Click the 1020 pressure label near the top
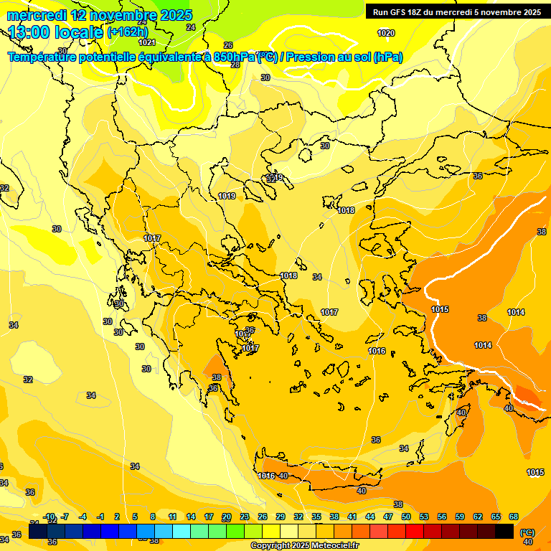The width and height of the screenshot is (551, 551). pyautogui.click(x=386, y=33)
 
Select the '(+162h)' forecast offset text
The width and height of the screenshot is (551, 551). pyautogui.click(x=127, y=32)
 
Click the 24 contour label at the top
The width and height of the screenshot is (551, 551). pyautogui.click(x=190, y=27)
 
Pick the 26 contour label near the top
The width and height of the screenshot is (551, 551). pyautogui.click(x=228, y=45)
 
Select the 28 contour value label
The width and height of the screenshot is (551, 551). pyautogui.click(x=235, y=65)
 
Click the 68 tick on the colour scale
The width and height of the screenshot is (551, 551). pyautogui.click(x=514, y=517)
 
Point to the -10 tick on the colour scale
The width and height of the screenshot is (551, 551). pyautogui.click(x=50, y=517)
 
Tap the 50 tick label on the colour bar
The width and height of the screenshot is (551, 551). pyautogui.click(x=406, y=517)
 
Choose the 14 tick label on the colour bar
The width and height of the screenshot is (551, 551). pyautogui.click(x=191, y=517)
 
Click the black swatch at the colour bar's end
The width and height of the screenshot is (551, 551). pyautogui.click(x=504, y=531)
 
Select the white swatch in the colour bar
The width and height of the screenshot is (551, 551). pyautogui.click(x=289, y=531)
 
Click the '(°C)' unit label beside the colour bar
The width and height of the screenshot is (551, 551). pyautogui.click(x=527, y=532)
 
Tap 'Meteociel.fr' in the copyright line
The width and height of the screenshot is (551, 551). pyautogui.click(x=333, y=546)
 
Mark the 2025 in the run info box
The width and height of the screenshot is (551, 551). pyautogui.click(x=532, y=12)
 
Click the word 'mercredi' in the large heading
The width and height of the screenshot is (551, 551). pyautogui.click(x=37, y=15)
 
